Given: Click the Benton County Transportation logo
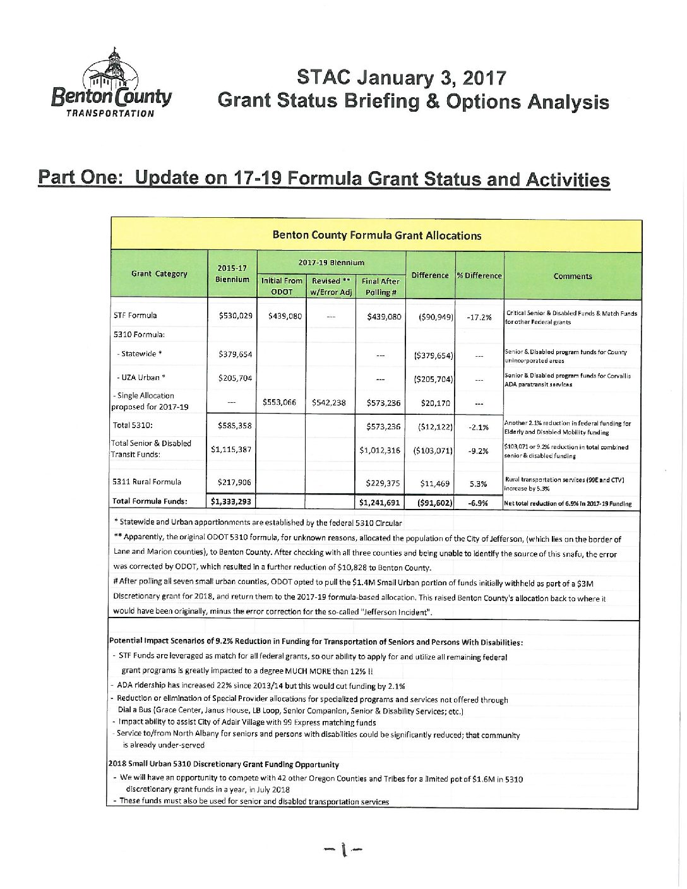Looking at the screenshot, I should tap(112, 83).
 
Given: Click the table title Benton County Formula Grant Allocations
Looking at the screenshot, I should tap(376, 236).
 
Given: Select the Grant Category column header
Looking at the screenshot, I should tap(159, 274).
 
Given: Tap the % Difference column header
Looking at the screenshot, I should tap(479, 276).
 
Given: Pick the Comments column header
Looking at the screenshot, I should tap(572, 276).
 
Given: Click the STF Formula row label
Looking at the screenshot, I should tap(135, 315).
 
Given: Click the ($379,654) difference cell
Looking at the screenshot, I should tap(431, 355).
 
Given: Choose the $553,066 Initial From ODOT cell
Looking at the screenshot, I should tap(281, 402).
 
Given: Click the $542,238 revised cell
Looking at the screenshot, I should tap(329, 402).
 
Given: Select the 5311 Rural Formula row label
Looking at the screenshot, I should tap(147, 482).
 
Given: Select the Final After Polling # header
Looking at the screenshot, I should tap(380, 287).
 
